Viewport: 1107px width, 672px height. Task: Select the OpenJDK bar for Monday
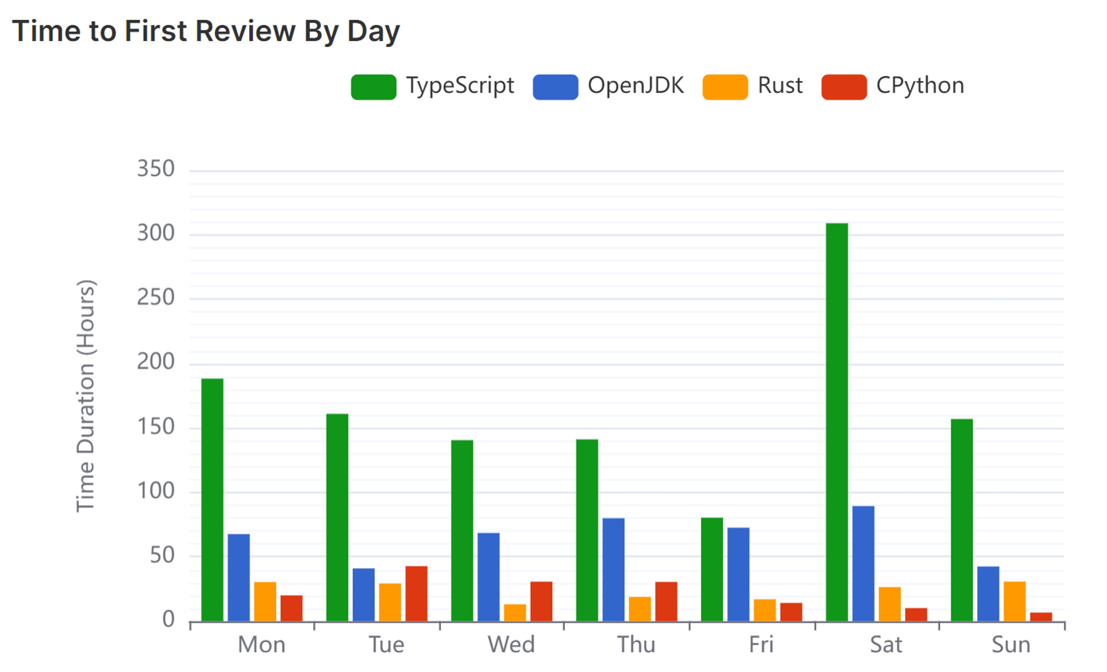[x=238, y=578]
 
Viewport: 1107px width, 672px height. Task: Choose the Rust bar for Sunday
[x=1015, y=601]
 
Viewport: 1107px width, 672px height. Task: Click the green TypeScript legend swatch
[x=373, y=87]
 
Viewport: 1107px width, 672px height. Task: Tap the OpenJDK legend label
[x=635, y=85]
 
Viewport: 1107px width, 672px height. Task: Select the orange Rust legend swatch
[x=725, y=87]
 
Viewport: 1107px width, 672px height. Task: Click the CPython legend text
[x=920, y=85]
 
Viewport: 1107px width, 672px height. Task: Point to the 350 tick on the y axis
[x=155, y=169]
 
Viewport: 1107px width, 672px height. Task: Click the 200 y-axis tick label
[x=155, y=362]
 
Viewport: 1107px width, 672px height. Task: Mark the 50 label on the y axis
[x=162, y=556]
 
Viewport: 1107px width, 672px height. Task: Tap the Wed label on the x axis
[x=511, y=644]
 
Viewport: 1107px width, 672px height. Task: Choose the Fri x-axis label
[x=761, y=644]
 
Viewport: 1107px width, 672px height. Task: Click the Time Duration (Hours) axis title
[x=85, y=396]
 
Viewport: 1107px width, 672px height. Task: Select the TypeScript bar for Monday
[x=212, y=500]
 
